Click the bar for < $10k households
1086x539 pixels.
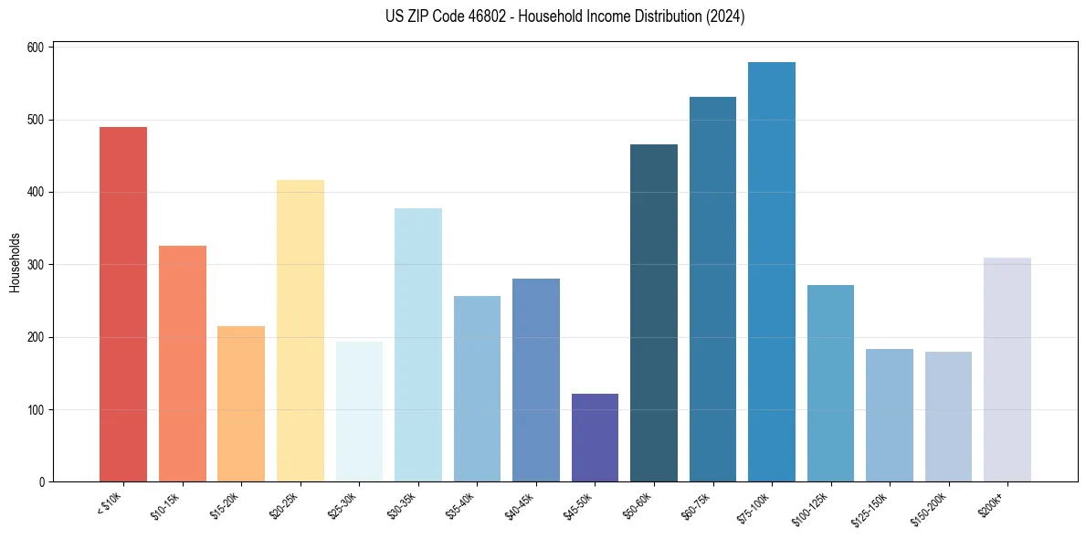pyautogui.click(x=123, y=304)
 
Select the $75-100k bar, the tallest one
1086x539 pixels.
pyautogui.click(x=772, y=272)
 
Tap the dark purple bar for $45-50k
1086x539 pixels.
pyautogui.click(x=595, y=438)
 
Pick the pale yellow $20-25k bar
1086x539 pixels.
pyautogui.click(x=300, y=331)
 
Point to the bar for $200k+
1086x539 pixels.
pyautogui.click(x=1007, y=370)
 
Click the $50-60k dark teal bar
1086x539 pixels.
pyautogui.click(x=654, y=313)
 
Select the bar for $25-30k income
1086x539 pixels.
pyautogui.click(x=359, y=412)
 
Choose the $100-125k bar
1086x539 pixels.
pyautogui.click(x=830, y=384)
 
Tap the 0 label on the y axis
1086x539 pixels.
pyautogui.click(x=42, y=482)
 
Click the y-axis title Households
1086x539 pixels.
pyautogui.click(x=15, y=264)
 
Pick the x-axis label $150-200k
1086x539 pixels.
pyautogui.click(x=930, y=508)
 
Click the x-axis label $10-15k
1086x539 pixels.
pyautogui.click(x=166, y=504)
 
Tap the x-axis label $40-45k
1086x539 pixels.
pyautogui.click(x=520, y=504)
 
